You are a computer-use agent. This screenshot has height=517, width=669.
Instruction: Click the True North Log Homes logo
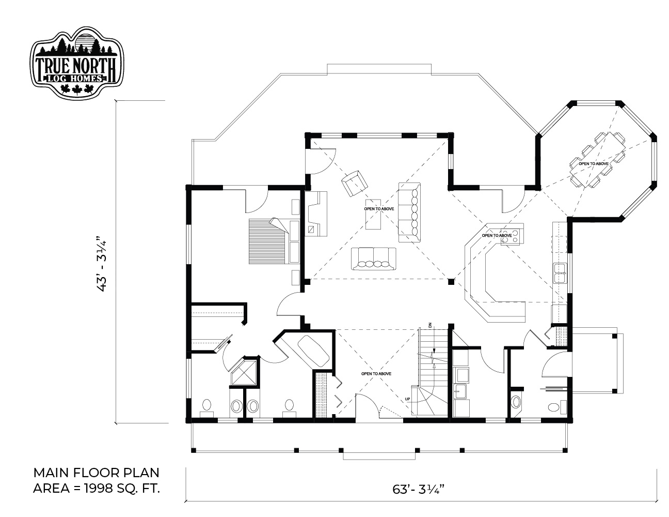pos(77,63)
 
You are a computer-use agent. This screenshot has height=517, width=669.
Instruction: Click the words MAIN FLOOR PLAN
pos(96,473)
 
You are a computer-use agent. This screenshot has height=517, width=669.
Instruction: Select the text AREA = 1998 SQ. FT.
pos(97,489)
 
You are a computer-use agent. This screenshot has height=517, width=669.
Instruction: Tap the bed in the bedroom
pos(274,241)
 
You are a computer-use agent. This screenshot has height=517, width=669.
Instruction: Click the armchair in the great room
pos(354,183)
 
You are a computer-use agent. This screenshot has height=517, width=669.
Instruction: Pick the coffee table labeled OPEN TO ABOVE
pos(373,214)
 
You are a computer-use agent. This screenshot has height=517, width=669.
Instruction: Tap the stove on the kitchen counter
pos(512,237)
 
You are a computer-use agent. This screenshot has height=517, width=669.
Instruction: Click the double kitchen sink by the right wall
pos(560,273)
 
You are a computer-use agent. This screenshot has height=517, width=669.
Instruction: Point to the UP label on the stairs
pos(407,399)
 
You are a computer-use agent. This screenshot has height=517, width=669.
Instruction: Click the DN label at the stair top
pos(430,325)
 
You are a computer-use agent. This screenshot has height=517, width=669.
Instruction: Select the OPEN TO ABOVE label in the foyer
pos(376,374)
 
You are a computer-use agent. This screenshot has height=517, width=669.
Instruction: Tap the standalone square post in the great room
pos(451,281)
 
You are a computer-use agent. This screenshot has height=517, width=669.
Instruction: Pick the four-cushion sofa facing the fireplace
pos(373,258)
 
